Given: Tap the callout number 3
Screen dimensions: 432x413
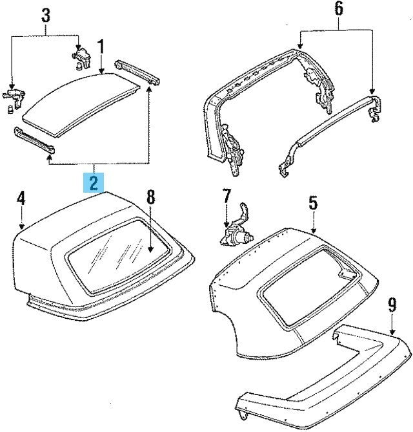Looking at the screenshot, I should click(x=45, y=14).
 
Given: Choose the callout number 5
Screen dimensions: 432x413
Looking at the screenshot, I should click(x=312, y=202).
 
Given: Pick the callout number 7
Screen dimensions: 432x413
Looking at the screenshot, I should click(x=225, y=195).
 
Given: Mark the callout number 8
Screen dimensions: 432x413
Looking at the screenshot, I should click(x=150, y=197).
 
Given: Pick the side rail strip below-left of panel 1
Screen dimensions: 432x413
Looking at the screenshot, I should click(x=34, y=142).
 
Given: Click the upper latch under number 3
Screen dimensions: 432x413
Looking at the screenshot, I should click(x=80, y=57).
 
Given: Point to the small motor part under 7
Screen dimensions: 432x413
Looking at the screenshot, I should click(x=236, y=236).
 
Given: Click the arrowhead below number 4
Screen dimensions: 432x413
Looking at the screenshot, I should click(x=22, y=226).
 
